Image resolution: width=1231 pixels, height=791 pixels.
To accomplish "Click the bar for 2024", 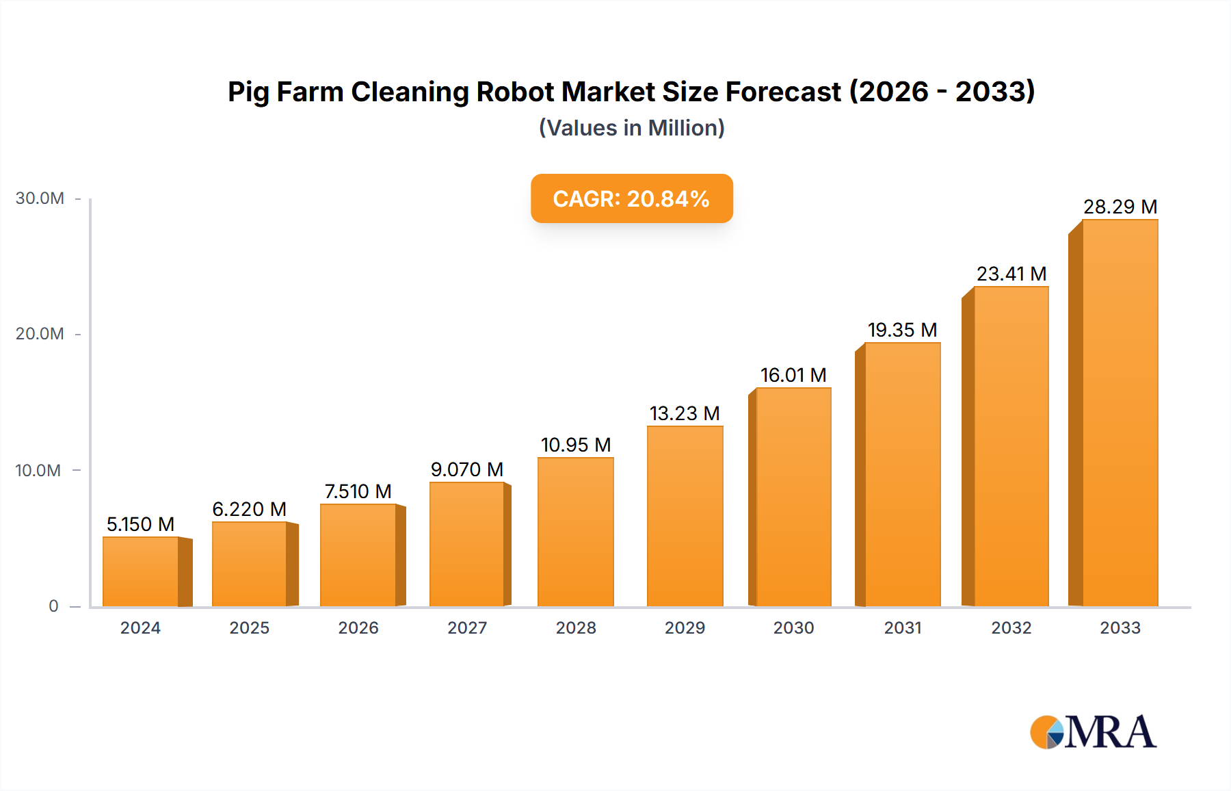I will pos(141,572).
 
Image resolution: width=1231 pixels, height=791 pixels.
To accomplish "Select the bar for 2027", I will pos(467,545).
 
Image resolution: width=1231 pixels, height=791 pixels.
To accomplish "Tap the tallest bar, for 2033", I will pos(1120,413).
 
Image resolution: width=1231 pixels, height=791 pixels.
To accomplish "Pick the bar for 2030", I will pos(793,497).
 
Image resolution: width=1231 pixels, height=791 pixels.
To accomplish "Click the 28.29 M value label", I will pos(1120,207).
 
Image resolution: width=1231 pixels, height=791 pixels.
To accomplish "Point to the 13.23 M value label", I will pos(685,413).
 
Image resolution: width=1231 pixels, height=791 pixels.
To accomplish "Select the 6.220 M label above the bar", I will pos(249,509).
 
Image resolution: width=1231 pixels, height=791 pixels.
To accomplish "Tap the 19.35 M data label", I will pos(902,330).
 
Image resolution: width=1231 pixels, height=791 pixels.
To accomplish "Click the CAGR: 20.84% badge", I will pos(631,198).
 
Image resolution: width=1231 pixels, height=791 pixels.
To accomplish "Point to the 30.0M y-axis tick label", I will pos(40,198).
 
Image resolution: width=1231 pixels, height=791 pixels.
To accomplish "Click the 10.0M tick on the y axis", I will pos(38,471).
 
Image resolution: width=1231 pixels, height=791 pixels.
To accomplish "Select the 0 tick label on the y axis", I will pos(53,606).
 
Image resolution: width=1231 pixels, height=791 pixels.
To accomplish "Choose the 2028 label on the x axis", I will pos(576,628).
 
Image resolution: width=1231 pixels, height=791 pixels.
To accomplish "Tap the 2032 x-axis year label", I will pos(1011,628).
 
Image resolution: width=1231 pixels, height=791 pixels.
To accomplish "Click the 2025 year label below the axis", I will pos(249,628).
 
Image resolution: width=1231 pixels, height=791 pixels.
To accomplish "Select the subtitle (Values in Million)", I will pos(631,128).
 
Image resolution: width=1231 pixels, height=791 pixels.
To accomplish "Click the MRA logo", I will pos(1093,732).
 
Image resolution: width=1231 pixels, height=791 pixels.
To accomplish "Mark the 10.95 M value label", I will pos(576,445).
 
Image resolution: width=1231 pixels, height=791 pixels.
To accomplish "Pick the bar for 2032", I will pos(1011,447).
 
